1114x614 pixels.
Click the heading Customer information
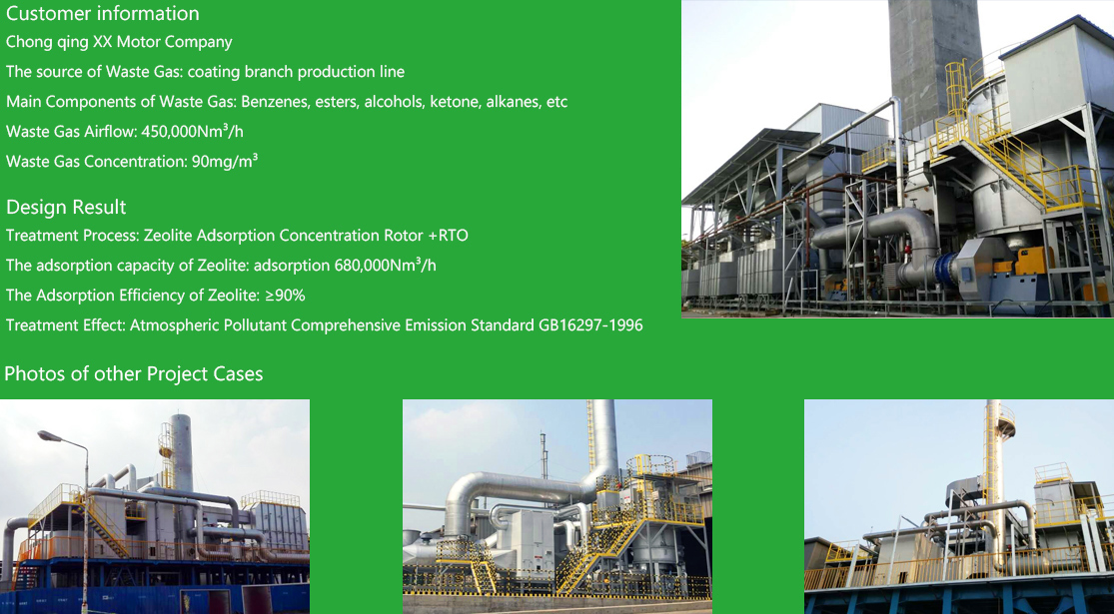(x=102, y=14)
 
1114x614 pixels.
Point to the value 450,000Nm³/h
(x=193, y=132)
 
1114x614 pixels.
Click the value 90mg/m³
(x=225, y=161)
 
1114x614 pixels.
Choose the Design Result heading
(x=66, y=208)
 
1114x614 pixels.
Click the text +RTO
(x=448, y=235)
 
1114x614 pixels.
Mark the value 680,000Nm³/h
(x=385, y=265)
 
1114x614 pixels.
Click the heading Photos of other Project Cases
(x=134, y=374)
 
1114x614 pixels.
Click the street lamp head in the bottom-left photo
(x=50, y=436)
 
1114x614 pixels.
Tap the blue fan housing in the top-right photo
(x=945, y=271)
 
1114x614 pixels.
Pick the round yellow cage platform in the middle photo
(x=651, y=465)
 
